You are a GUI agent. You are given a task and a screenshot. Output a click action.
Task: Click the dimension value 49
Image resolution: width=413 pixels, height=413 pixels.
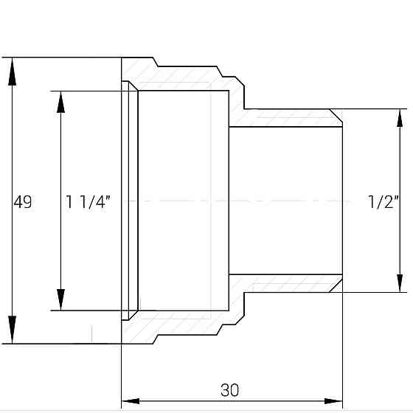click(x=23, y=201)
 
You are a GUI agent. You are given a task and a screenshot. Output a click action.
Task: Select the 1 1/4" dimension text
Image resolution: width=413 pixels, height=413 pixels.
click(x=88, y=201)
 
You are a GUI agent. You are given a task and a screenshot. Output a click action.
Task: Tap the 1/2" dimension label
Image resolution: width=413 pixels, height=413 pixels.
click(x=383, y=201)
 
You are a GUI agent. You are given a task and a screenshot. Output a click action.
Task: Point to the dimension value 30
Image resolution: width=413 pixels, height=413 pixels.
click(x=229, y=389)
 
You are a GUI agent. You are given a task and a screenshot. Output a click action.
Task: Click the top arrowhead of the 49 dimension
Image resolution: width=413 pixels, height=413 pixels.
click(x=12, y=71)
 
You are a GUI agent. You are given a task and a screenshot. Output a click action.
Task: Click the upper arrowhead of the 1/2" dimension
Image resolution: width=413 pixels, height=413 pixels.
click(x=400, y=122)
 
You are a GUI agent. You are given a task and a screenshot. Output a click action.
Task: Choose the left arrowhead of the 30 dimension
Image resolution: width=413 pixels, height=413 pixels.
click(x=131, y=401)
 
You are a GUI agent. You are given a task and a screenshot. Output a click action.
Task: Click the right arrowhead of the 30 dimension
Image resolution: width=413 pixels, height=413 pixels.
click(x=333, y=401)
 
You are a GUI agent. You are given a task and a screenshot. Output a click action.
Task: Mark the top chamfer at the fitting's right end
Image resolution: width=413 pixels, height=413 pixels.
click(x=336, y=116)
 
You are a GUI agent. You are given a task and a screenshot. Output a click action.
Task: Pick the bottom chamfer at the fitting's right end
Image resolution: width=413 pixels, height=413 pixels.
click(x=336, y=285)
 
